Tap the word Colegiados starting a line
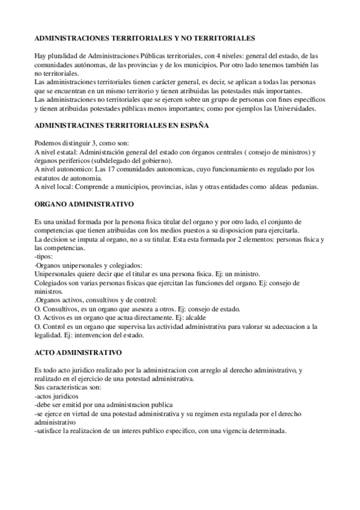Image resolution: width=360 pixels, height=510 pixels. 53,282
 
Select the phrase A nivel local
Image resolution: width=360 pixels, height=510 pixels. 57,187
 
